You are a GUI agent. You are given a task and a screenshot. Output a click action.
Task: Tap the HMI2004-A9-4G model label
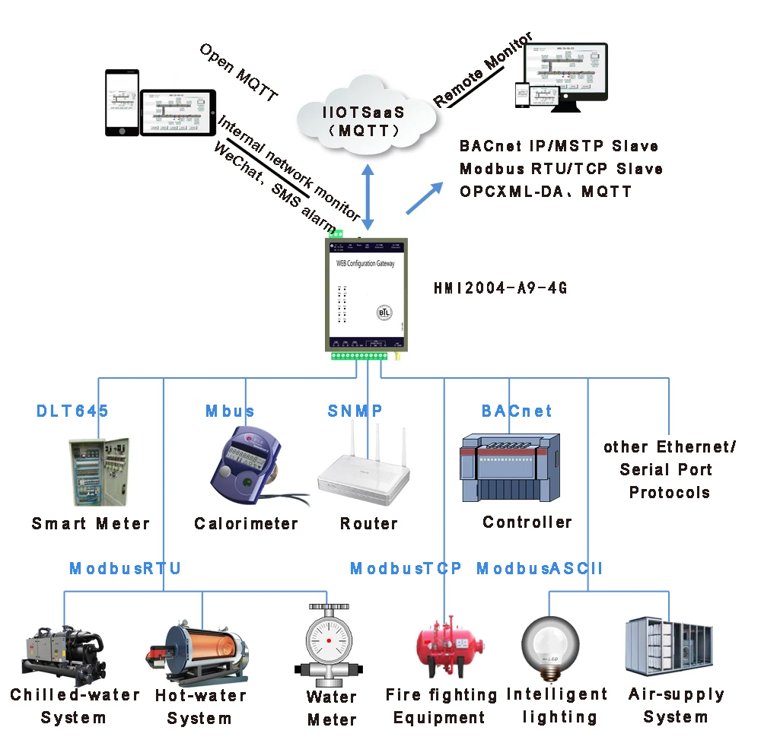point(500,288)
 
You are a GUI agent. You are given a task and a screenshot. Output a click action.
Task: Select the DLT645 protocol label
point(72,411)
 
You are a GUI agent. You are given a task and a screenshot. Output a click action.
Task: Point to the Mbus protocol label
point(230,411)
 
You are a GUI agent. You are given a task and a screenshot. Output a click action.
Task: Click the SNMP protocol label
point(355,411)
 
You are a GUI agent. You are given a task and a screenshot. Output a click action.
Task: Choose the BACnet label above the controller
point(517,411)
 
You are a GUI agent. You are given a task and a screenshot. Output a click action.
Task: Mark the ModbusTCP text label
point(406,569)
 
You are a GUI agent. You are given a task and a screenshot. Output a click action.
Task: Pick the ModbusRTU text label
point(126,569)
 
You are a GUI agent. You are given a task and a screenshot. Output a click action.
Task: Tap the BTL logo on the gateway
point(385,313)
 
